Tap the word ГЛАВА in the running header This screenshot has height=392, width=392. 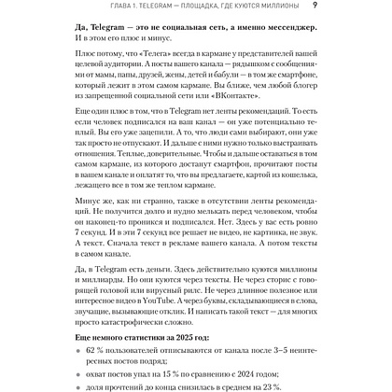(x=85, y=9)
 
